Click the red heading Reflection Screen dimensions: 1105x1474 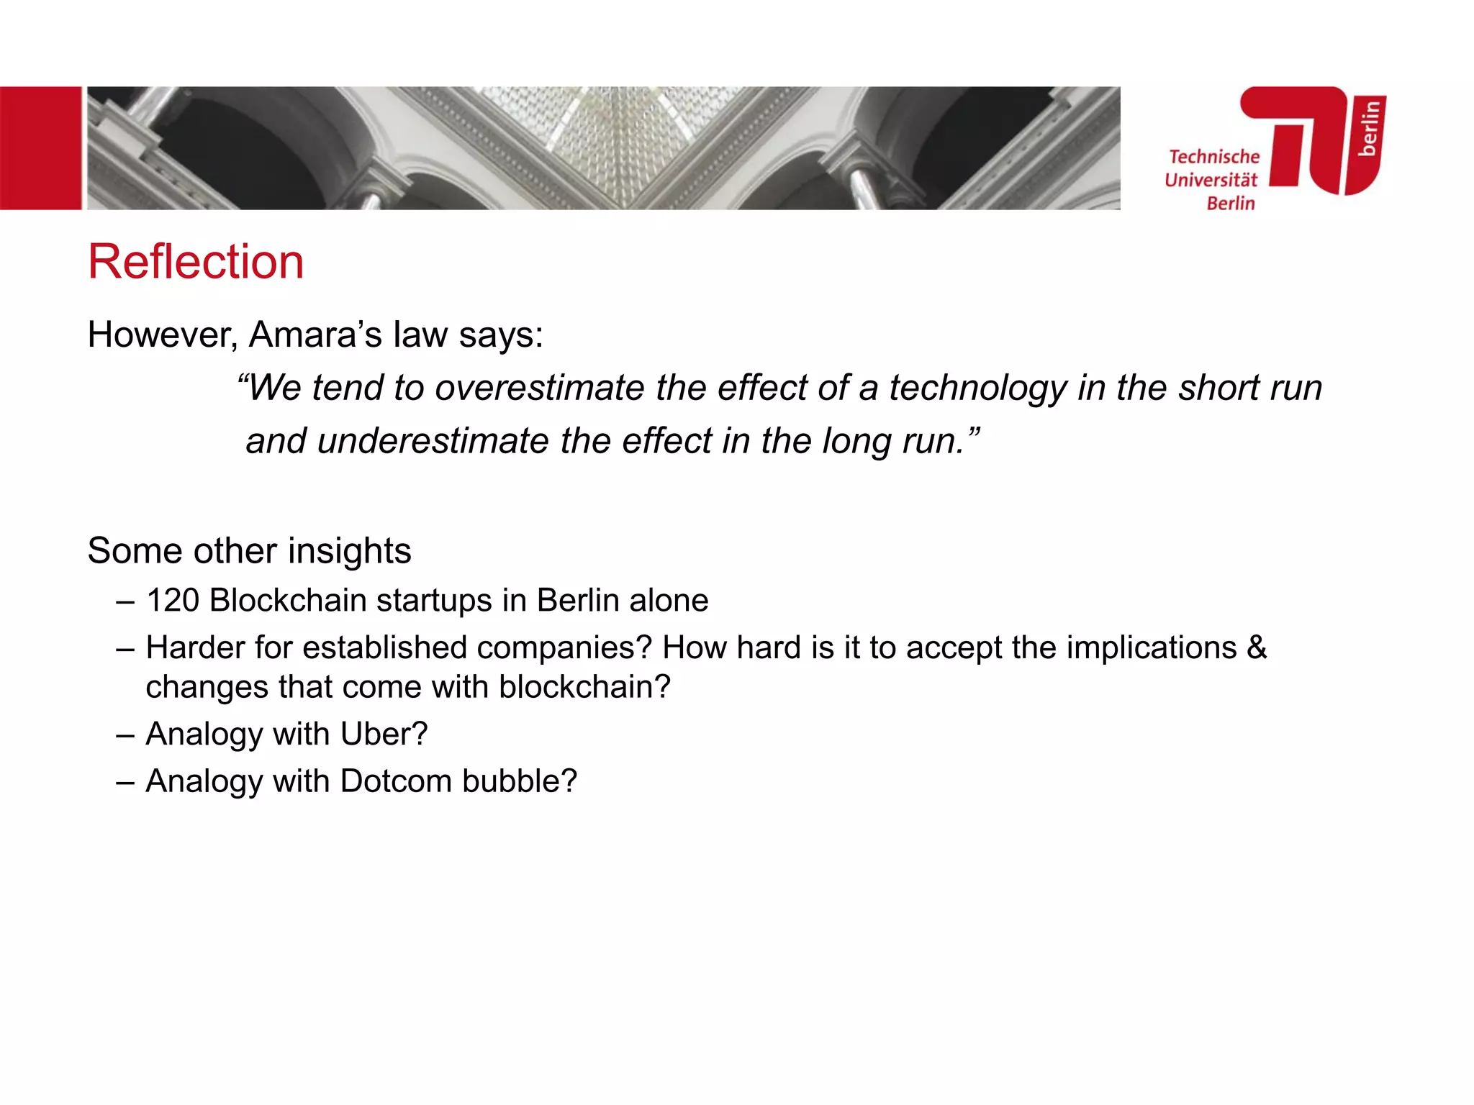click(196, 261)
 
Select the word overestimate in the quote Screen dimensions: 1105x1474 click(540, 388)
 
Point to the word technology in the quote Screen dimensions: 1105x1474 click(977, 388)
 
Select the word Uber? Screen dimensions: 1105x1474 click(384, 735)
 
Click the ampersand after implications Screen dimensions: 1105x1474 click(1257, 647)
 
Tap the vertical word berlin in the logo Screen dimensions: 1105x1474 click(1369, 128)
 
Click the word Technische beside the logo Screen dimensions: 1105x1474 click(1213, 157)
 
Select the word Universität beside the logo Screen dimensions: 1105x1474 click(1211, 180)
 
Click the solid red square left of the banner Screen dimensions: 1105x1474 click(40, 148)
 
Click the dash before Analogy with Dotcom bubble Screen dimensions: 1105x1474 click(125, 782)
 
